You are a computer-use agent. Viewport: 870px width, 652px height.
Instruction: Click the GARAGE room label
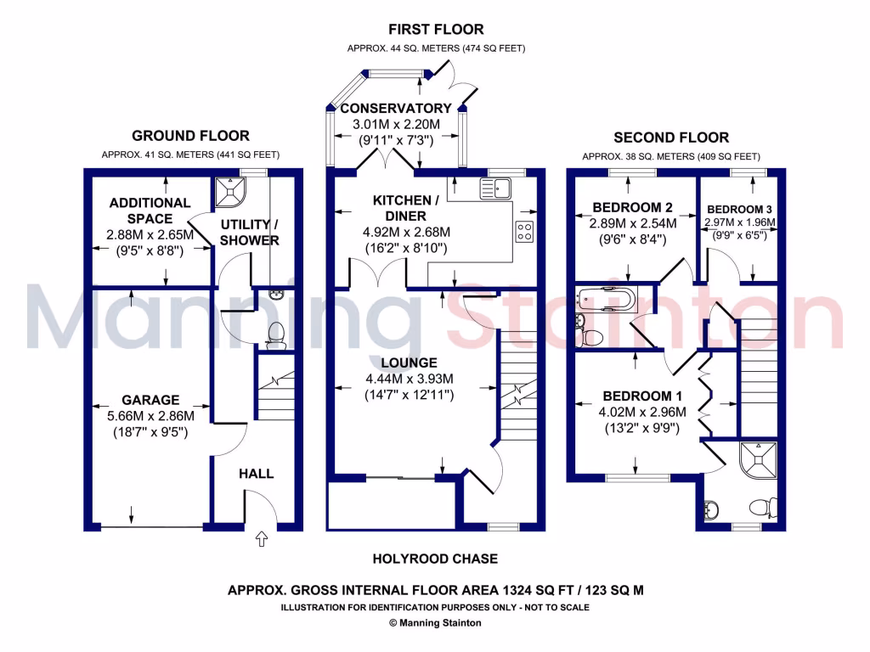coord(150,400)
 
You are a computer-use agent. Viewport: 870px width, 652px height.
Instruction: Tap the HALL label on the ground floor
coord(256,473)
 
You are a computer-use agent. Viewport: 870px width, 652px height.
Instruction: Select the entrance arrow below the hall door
coord(261,537)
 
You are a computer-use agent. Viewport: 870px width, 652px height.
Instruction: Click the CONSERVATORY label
coord(395,109)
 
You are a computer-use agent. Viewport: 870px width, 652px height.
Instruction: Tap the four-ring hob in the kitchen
coord(524,231)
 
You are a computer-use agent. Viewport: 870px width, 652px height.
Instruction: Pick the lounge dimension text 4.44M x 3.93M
coord(409,379)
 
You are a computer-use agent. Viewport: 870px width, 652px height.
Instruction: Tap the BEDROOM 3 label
coord(739,209)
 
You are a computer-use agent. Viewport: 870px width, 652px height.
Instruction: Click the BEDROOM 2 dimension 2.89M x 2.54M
coord(632,224)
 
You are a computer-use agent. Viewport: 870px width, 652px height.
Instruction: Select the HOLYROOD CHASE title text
coord(435,559)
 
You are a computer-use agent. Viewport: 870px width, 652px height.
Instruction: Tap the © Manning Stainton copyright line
coord(435,623)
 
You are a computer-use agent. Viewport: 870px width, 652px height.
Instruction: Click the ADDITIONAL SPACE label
coord(150,211)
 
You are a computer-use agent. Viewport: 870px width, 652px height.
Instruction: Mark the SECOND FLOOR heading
coord(671,137)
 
